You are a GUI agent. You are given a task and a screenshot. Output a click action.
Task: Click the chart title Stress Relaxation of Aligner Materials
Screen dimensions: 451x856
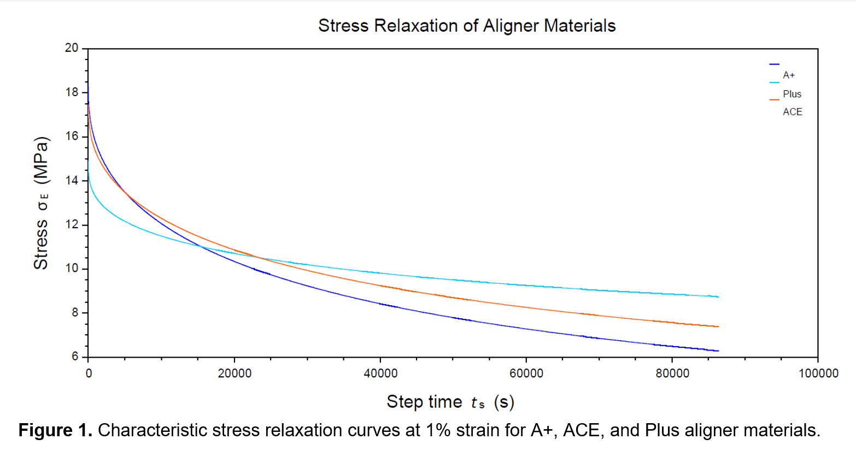point(467,26)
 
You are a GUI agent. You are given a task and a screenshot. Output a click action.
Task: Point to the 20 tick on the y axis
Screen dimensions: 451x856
point(72,48)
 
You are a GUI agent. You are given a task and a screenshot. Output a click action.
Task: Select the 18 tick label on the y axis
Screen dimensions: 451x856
point(72,92)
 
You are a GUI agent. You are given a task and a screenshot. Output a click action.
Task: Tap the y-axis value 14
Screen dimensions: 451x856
point(72,181)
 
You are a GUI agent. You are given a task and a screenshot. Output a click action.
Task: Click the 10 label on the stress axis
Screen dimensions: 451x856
point(72,269)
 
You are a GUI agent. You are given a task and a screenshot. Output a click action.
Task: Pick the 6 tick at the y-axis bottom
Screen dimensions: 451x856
point(75,357)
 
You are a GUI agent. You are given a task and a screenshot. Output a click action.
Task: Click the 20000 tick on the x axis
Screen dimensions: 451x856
point(234,373)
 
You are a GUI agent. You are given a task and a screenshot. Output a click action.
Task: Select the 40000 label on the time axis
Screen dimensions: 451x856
point(380,373)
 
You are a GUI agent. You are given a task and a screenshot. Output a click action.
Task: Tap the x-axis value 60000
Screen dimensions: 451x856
point(526,373)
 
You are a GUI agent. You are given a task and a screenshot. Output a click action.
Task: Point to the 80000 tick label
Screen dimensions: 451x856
point(672,373)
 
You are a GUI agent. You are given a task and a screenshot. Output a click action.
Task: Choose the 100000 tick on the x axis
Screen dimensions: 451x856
point(818,373)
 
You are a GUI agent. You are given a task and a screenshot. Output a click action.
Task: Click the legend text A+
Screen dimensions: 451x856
point(789,75)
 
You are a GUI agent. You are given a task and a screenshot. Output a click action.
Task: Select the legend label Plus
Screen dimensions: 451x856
point(792,94)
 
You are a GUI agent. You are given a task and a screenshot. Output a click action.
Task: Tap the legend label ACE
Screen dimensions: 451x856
point(793,112)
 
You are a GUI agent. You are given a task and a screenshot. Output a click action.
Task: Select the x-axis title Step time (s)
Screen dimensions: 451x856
point(450,402)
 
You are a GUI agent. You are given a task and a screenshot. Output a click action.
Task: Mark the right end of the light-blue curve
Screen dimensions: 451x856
point(718,296)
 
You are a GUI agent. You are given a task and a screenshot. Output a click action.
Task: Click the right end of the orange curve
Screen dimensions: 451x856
point(718,327)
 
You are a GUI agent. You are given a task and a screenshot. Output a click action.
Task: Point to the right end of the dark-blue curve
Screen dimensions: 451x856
point(718,351)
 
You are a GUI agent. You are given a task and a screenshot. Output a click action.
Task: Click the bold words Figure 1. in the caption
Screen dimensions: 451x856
point(55,430)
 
